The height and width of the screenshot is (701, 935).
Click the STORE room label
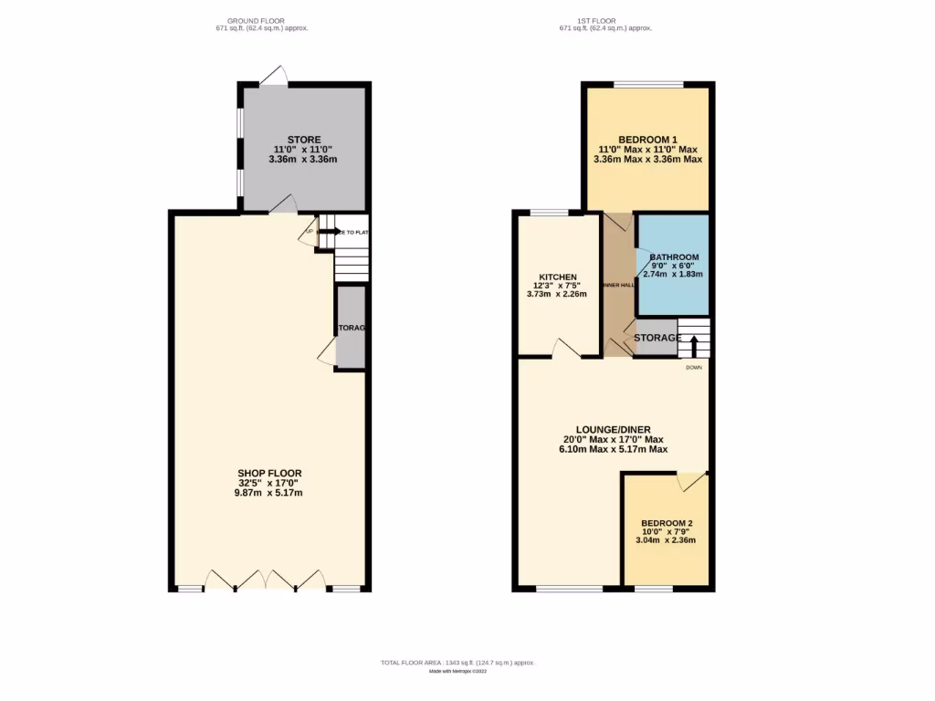pyautogui.click(x=303, y=140)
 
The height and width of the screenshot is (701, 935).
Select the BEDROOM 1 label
pyautogui.click(x=647, y=139)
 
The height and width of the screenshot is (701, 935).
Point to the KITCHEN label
pyautogui.click(x=557, y=277)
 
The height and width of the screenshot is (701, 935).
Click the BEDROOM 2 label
pyautogui.click(x=667, y=523)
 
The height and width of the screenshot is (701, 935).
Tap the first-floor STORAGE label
pyautogui.click(x=657, y=338)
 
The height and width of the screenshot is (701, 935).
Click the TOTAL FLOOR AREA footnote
pyautogui.click(x=457, y=662)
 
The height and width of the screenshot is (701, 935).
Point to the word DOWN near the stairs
pyautogui.click(x=695, y=367)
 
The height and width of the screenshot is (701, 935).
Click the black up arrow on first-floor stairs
pyautogui.click(x=693, y=345)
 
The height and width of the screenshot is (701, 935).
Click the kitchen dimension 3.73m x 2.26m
pyautogui.click(x=557, y=294)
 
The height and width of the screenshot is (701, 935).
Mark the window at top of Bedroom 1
pyautogui.click(x=647, y=85)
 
